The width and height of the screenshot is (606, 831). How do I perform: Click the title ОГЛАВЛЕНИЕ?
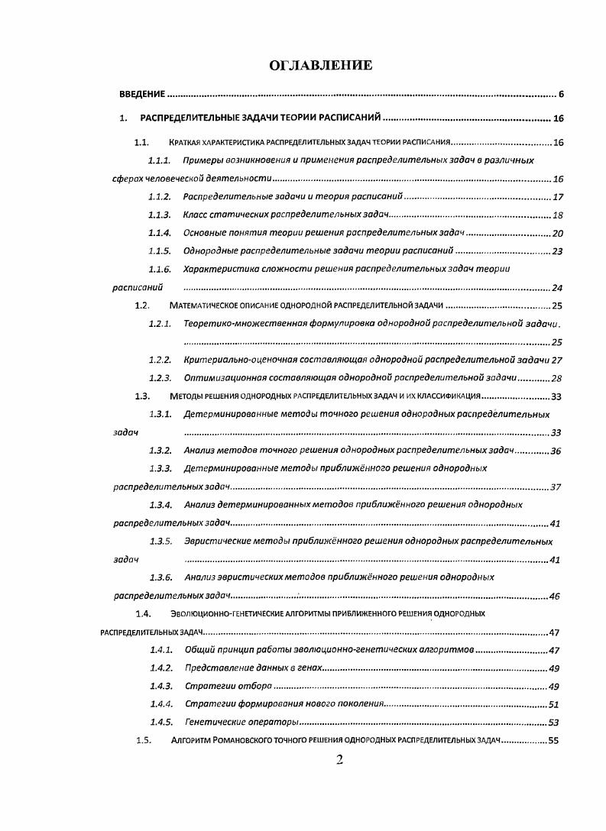pyautogui.click(x=321, y=65)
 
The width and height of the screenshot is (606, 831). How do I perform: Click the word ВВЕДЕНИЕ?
pyautogui.click(x=143, y=95)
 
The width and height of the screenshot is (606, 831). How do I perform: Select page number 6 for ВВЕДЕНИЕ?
pyautogui.click(x=560, y=95)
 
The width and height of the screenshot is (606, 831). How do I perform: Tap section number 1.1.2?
pyautogui.click(x=159, y=196)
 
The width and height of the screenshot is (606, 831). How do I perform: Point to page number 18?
pyautogui.click(x=557, y=215)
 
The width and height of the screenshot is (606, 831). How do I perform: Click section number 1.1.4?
pyautogui.click(x=159, y=233)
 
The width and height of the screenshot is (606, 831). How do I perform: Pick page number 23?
pyautogui.click(x=557, y=251)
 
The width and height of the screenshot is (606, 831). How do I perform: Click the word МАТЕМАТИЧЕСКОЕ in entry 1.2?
pyautogui.click(x=204, y=306)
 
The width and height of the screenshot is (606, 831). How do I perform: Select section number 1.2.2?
pyautogui.click(x=159, y=360)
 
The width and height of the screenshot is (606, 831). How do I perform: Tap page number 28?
pyautogui.click(x=556, y=378)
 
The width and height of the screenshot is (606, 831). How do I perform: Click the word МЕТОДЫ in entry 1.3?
pyautogui.click(x=186, y=396)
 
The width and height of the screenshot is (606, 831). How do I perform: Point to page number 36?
pyautogui.click(x=556, y=451)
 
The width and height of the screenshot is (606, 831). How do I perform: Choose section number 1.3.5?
pyautogui.click(x=160, y=542)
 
